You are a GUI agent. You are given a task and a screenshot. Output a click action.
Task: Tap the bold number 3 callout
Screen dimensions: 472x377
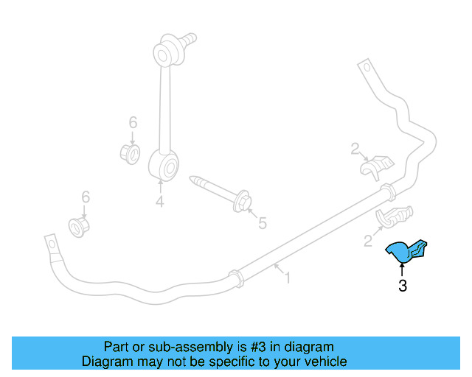pos(403,286)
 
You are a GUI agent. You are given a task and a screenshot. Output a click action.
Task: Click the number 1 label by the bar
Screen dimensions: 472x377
pos(288,278)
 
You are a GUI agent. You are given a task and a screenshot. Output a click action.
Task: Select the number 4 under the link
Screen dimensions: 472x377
pos(160,201)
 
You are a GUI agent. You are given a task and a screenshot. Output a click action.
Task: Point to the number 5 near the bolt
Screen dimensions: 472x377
pos(263,223)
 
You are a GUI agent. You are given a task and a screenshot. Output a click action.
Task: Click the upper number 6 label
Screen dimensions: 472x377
pos(133,122)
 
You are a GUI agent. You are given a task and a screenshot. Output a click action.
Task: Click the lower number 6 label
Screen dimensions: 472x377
pos(86,197)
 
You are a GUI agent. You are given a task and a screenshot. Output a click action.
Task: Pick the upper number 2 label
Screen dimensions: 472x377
pos(355,149)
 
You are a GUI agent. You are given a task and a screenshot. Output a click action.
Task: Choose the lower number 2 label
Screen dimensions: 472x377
pos(368,241)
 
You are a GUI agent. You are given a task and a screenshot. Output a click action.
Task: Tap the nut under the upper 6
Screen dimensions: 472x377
pos(131,154)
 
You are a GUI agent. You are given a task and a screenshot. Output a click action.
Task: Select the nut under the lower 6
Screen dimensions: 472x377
pos(79,228)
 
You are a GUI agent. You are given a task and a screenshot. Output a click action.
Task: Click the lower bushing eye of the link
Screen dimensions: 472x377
pos(164,166)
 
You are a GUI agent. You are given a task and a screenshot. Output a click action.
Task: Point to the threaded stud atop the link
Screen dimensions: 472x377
pos(189,40)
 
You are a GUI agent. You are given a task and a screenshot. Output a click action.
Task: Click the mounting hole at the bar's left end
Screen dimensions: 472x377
pos(52,244)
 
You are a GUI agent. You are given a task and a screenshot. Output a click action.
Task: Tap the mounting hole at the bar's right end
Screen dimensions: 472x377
pos(367,67)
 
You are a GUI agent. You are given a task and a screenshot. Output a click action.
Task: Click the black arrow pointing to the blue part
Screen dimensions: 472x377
pos(401,269)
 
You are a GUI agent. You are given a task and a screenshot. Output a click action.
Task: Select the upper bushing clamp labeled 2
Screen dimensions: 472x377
pos(377,166)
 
